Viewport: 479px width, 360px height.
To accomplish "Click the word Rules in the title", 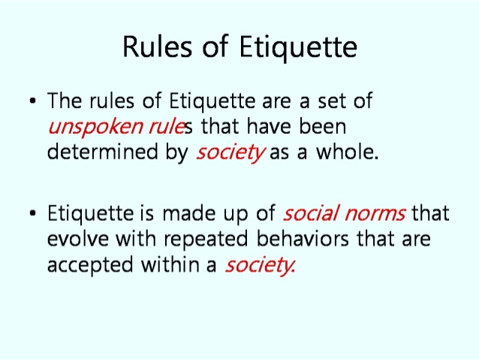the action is tap(158, 46).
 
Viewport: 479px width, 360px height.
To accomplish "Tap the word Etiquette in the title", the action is tap(298, 47).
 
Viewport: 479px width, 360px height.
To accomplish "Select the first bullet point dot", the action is tap(33, 101).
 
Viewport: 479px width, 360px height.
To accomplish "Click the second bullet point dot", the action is tap(33, 213).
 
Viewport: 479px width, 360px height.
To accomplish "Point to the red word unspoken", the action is tap(95, 127).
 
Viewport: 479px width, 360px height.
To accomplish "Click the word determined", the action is tap(103, 151).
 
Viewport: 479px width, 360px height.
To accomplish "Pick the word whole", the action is tap(348, 151).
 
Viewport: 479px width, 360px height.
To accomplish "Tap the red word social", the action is tap(312, 213).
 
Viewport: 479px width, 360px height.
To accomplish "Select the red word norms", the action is tap(375, 214).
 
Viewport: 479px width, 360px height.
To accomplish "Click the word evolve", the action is tap(78, 238).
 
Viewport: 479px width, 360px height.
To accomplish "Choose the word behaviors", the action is tap(303, 238).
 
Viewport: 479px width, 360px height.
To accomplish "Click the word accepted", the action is tap(90, 265).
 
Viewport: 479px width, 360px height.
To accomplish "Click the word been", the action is tap(322, 126).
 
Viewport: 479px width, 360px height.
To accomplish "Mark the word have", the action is tap(269, 126).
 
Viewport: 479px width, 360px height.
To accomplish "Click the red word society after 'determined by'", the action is tap(230, 153).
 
